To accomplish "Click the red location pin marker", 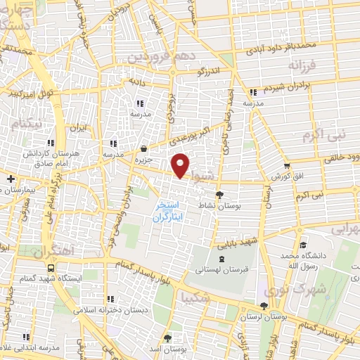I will coord(181,165).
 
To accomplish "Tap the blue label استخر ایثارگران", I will coord(167,212).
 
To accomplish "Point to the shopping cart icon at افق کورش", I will coord(287,166).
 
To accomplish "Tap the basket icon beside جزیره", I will coord(144,148).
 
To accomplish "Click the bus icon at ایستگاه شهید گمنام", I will coord(51,268).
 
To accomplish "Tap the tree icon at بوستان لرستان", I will coord(264,306).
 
